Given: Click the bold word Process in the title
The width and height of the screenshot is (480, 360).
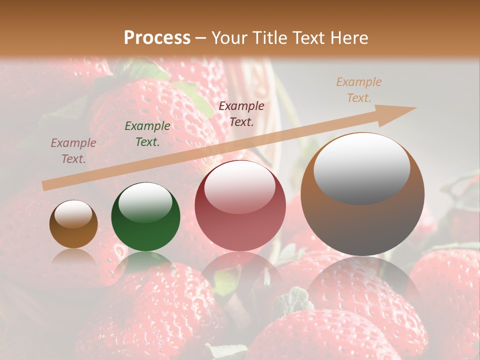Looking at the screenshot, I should point(157,38).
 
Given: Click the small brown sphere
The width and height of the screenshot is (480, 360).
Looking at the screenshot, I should point(73,225).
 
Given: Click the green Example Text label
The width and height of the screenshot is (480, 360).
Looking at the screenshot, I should point(147,134).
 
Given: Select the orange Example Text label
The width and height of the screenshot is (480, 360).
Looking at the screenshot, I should point(359,90).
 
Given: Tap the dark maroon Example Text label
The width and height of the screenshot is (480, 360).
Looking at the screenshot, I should point(241,113).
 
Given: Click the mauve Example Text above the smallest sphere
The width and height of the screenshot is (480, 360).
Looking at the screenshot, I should point(73,151).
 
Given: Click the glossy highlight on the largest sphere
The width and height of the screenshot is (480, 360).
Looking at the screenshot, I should point(361,167).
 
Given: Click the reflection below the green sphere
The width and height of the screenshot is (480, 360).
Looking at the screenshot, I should point(145,262).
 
